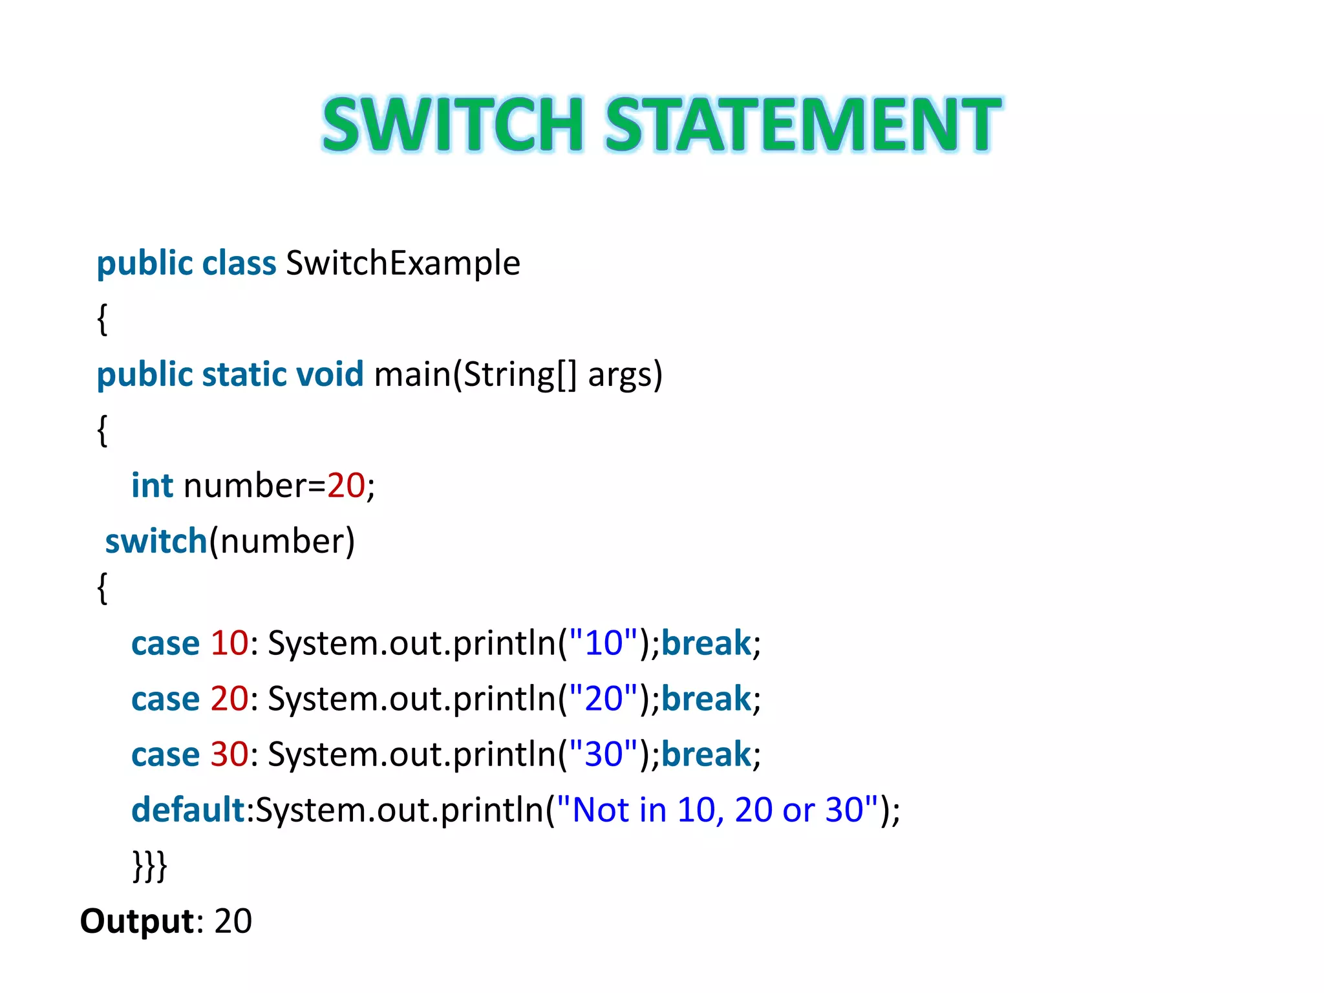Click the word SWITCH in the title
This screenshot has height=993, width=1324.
click(x=453, y=124)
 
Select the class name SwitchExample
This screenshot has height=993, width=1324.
click(x=403, y=263)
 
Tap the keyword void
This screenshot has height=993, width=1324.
click(x=330, y=374)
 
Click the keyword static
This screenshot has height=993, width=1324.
click(x=244, y=374)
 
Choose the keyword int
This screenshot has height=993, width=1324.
click(x=152, y=486)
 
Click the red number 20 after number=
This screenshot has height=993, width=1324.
click(x=346, y=486)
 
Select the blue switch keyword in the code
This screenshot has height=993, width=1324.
click(x=156, y=541)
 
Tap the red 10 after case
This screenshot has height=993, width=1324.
click(x=230, y=643)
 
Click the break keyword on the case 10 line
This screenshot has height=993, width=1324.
click(x=706, y=643)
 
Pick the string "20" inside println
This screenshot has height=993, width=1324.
click(x=603, y=698)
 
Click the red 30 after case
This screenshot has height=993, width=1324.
click(x=230, y=754)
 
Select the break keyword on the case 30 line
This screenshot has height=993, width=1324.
click(x=706, y=754)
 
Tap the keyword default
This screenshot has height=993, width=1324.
click(x=187, y=810)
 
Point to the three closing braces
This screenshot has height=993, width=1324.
click(x=150, y=866)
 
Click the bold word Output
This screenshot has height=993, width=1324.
click(x=137, y=921)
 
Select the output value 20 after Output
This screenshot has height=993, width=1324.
click(x=233, y=921)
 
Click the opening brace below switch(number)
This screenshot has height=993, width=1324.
click(x=102, y=588)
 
